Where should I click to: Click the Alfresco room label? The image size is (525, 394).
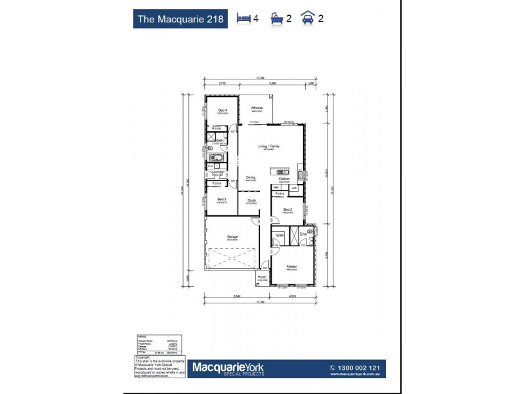pyautogui.click(x=256, y=108)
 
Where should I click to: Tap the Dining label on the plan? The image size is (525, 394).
pyautogui.click(x=251, y=177)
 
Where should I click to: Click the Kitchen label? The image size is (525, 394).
pyautogui.click(x=283, y=179)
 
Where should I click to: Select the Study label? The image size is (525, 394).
pyautogui.click(x=251, y=200)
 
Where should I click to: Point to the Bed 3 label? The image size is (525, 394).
pyautogui.click(x=222, y=199)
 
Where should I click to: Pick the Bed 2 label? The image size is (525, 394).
pyautogui.click(x=287, y=209)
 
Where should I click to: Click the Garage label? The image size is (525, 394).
pyautogui.click(x=232, y=236)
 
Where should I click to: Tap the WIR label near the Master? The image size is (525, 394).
pyautogui.click(x=279, y=234)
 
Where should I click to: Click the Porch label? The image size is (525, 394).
pyautogui.click(x=262, y=277)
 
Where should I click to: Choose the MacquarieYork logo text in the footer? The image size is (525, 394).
pyautogui.click(x=228, y=365)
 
